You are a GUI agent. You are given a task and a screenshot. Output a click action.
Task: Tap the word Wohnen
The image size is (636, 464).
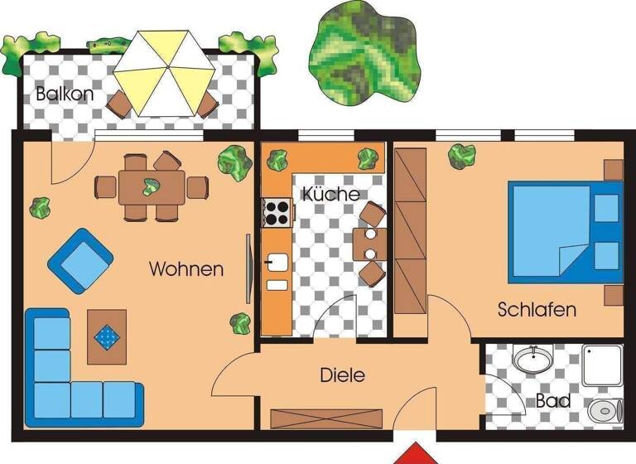186,269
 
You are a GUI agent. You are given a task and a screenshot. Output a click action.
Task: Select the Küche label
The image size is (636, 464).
330,195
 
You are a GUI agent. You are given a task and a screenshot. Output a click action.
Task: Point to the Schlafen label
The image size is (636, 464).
537,310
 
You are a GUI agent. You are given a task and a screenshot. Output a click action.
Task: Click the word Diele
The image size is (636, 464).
342,375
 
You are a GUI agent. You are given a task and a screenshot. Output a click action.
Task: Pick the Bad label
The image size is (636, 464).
552,401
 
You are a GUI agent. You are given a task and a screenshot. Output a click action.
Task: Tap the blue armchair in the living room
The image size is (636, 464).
80,259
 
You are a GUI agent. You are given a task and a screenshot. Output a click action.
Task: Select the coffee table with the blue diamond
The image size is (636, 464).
107,336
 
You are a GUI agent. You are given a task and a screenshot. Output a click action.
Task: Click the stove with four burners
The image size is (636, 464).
277,212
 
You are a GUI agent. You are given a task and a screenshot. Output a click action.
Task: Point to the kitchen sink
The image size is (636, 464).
277,265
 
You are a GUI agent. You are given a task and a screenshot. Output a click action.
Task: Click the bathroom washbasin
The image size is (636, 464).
531,360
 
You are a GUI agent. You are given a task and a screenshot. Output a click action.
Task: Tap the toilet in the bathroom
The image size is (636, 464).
605,409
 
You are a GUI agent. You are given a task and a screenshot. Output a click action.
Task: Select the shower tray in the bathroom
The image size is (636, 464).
602,365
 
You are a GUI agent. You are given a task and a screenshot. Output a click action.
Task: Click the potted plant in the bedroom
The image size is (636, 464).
461,155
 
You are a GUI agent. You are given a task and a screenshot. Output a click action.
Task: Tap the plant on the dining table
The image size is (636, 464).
151,186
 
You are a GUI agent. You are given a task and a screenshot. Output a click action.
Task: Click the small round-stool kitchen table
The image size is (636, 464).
370,244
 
